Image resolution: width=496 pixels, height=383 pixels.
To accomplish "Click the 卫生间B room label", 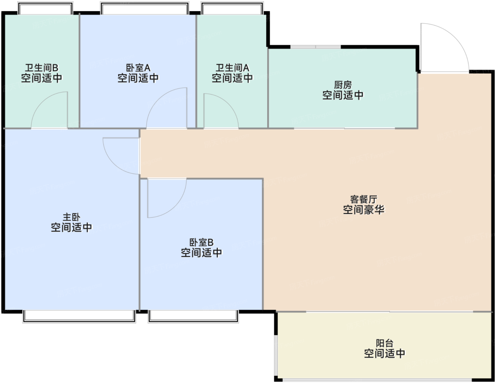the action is (41, 68).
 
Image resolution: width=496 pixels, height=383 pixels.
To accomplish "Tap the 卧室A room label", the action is (138, 68).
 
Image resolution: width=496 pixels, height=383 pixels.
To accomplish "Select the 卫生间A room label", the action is (232, 68).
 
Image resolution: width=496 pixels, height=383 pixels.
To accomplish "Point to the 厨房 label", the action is (343, 85).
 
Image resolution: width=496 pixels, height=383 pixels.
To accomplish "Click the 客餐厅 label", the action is (364, 199).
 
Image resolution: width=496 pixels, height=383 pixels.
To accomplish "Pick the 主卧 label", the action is (72, 217).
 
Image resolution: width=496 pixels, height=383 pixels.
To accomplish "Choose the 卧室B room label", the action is (202, 242).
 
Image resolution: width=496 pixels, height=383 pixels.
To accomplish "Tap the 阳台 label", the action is (385, 343).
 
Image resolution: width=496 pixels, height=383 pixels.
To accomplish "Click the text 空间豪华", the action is (364, 209).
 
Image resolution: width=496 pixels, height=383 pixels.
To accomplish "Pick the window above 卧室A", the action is (145, 8).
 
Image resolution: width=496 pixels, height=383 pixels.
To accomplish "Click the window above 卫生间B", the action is (45, 8).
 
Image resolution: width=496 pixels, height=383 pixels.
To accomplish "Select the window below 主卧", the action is (79, 316).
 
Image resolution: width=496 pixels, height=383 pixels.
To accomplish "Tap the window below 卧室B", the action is (193, 316).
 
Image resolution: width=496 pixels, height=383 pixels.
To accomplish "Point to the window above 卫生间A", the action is (232, 8).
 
